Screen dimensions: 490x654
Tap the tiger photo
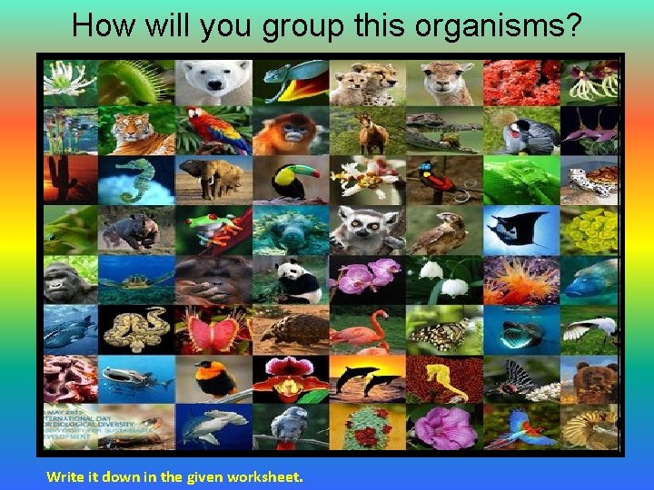(136, 131)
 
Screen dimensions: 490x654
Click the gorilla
(69, 279)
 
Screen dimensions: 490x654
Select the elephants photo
(213, 179)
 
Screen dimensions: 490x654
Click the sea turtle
(136, 279)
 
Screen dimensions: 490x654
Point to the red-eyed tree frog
(213, 229)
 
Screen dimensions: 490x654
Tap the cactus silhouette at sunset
(69, 179)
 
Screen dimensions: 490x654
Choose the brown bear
(592, 377)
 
